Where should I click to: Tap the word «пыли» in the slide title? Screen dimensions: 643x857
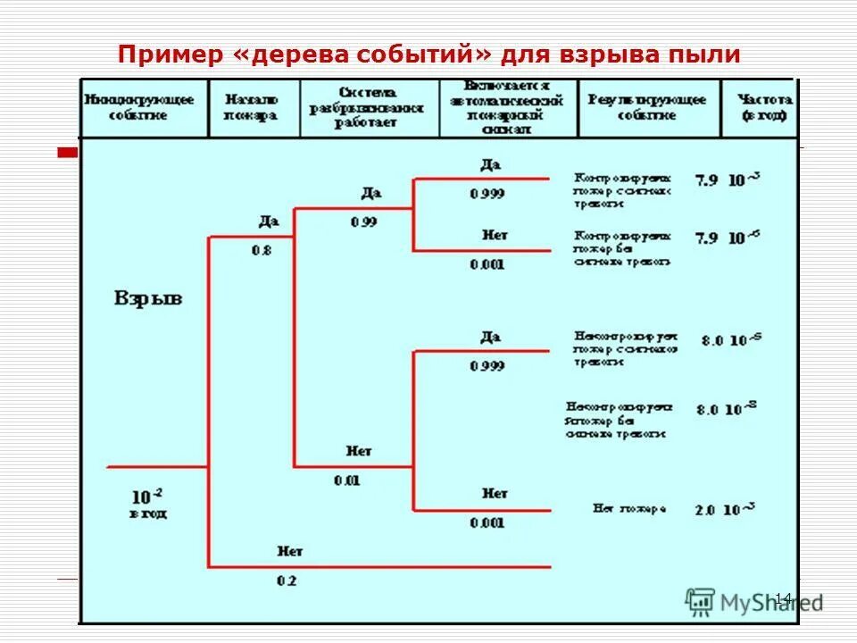703,54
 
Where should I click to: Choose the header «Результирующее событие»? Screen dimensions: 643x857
646,107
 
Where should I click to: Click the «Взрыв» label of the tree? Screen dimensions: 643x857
148,298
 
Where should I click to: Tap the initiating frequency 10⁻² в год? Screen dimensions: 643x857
148,503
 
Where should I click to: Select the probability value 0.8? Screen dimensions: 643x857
261,251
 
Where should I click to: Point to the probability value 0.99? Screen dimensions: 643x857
364,221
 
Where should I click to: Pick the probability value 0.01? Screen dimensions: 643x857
346,480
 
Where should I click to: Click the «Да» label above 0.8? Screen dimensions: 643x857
270,221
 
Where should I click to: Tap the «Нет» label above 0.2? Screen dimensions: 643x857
290,551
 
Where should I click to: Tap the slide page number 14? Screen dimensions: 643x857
783,598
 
